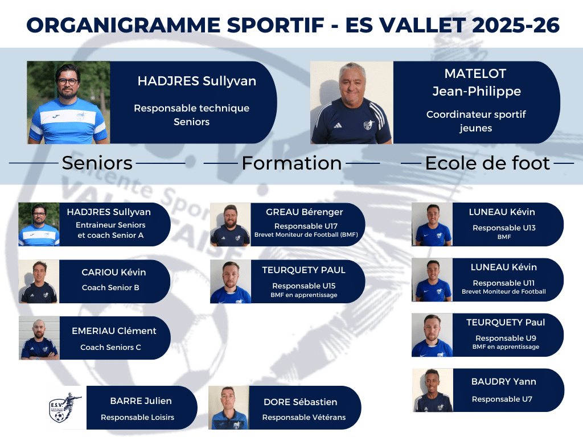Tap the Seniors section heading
coord(97,163)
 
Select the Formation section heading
coord(292,163)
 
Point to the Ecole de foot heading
coord(487,163)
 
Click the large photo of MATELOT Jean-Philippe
coord(352,102)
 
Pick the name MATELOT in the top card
coord(475,73)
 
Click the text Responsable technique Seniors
coord(191,115)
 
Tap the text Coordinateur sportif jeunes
coord(476,121)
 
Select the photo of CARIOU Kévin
coord(39,281)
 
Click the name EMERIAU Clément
coord(114,331)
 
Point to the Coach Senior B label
coord(110,287)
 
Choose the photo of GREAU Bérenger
coord(231,224)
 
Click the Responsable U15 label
coord(304,286)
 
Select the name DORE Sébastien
coord(301,402)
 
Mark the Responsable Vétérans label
coord(304,417)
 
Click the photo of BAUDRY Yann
coord(433,390)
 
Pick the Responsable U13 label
coord(504,228)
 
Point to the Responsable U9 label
coord(506,338)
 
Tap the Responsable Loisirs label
coord(138,417)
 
